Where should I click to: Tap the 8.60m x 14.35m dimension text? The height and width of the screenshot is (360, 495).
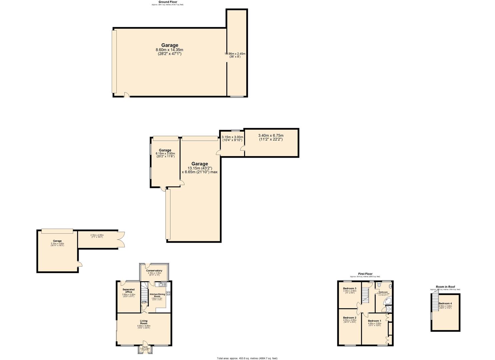170,50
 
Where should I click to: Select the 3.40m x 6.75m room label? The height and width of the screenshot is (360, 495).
271,135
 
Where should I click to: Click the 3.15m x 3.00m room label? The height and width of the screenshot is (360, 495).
232,137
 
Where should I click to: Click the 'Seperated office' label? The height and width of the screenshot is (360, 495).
128,291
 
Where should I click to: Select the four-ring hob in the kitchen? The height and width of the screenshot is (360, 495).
168,293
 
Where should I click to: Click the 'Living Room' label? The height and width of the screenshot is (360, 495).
144,322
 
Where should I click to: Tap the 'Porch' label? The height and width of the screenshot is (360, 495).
145,347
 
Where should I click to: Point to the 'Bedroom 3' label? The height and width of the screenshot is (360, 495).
350,288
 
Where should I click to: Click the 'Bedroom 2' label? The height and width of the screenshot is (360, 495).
350,318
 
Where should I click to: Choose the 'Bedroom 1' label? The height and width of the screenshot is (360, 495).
374,321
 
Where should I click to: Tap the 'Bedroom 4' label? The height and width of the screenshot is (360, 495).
445,303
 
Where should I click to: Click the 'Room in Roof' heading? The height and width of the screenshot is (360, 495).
445,287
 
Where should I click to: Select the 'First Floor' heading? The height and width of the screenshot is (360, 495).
365,274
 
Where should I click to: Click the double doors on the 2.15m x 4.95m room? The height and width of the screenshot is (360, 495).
122,239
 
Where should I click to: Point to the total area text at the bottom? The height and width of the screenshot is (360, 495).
247,358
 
